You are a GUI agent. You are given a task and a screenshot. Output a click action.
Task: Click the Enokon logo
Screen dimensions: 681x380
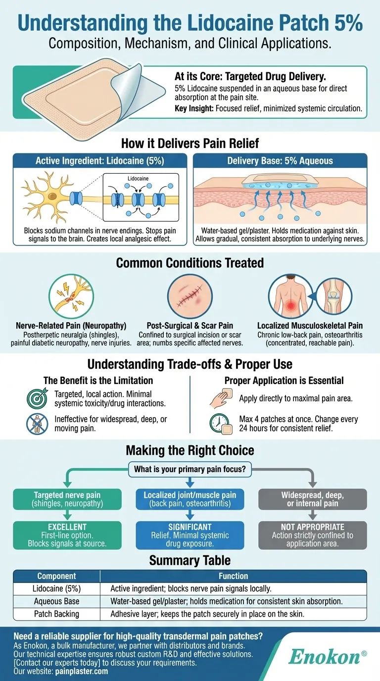(x=327, y=657)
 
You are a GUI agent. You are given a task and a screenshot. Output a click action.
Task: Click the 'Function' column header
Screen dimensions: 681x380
(x=233, y=576)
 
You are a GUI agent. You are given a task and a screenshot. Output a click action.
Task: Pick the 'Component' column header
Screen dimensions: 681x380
(x=56, y=576)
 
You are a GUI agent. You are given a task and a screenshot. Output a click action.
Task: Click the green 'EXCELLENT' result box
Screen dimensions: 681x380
(x=67, y=535)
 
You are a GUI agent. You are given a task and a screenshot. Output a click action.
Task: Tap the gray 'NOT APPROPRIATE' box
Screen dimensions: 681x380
(x=312, y=535)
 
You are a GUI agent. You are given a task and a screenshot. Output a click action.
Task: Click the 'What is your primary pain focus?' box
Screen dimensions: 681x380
(x=190, y=469)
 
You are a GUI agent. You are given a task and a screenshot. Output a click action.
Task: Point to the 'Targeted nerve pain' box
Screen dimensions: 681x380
(x=67, y=499)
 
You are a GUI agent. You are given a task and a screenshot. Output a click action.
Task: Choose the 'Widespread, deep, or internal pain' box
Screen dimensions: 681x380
(x=312, y=499)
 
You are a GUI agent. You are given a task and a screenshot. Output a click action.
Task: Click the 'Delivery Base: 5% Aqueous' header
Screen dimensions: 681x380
(x=280, y=161)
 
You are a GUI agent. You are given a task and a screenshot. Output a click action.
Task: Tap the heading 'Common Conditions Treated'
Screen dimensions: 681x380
(x=190, y=262)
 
